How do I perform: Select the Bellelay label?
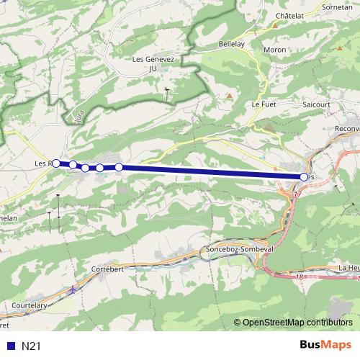[x=233, y=44]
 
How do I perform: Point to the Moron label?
[x=274, y=50]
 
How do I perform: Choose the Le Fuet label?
[x=264, y=104]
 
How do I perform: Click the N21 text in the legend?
[x=31, y=346]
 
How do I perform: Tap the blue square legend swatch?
[x=10, y=346]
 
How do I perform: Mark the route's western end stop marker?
[x=56, y=163]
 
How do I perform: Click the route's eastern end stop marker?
[x=303, y=176]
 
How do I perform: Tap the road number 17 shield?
[x=297, y=194]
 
